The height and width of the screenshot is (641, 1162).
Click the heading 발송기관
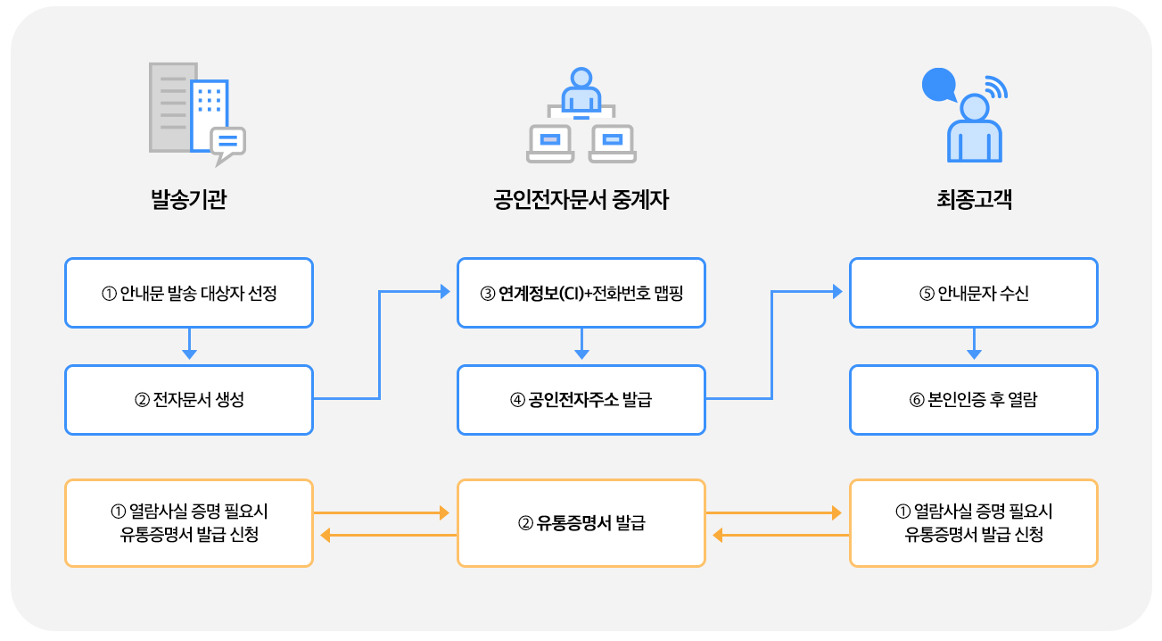coord(189,200)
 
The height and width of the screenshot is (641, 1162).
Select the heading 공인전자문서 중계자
coord(581,200)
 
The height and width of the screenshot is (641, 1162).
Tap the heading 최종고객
coord(974,200)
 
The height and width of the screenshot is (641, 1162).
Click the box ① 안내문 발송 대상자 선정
coord(189,293)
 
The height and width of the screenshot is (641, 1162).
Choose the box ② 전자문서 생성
coord(189,400)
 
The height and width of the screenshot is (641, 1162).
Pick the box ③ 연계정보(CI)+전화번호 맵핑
coord(581,293)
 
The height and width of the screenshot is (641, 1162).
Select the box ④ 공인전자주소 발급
coord(581,400)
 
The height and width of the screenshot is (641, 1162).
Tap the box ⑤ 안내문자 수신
coord(973,293)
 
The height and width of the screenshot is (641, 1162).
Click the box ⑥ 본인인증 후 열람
coord(973,400)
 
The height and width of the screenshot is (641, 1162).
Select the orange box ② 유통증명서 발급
coord(581,523)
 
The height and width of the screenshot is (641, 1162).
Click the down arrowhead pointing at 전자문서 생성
coord(189,354)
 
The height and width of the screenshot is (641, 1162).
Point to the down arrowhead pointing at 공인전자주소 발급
coord(581,354)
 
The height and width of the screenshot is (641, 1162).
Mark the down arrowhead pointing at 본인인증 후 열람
coord(974,354)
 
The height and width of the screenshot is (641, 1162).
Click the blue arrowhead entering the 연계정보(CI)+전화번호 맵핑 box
coord(444,291)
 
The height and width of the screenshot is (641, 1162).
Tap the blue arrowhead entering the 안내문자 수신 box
coord(836,291)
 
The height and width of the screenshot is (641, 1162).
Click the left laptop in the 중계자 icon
coord(550,143)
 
